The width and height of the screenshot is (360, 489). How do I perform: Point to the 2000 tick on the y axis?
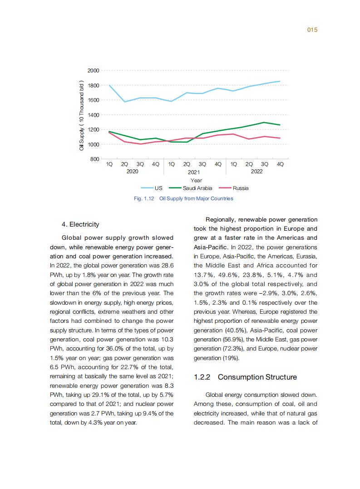click(x=93, y=70)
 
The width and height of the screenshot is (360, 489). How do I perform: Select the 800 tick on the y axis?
click(x=94, y=159)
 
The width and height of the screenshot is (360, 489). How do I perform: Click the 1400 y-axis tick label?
click(x=93, y=115)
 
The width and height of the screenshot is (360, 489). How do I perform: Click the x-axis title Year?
click(x=196, y=180)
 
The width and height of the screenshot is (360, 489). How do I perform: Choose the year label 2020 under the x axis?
click(x=132, y=172)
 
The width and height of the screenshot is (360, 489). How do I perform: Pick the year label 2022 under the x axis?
click(x=256, y=172)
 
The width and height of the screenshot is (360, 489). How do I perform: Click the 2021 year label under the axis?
click(x=194, y=172)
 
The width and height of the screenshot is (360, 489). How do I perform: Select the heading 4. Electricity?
click(x=80, y=224)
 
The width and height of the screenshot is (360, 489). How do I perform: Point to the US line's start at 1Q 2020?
click(x=109, y=85)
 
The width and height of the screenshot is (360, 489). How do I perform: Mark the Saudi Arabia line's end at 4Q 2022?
click(x=280, y=125)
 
